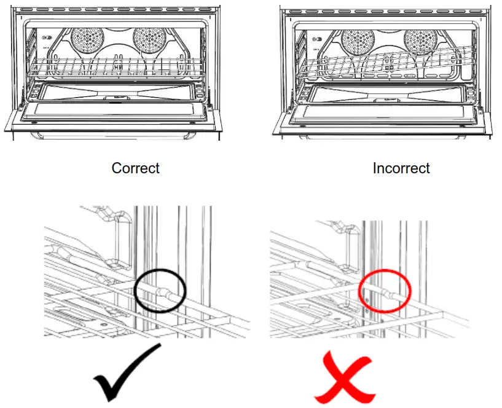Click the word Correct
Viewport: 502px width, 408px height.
[x=135, y=168]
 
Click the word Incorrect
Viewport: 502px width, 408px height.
[x=401, y=168]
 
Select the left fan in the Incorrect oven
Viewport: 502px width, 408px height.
[x=356, y=42]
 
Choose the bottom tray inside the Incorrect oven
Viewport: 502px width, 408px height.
[x=386, y=93]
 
